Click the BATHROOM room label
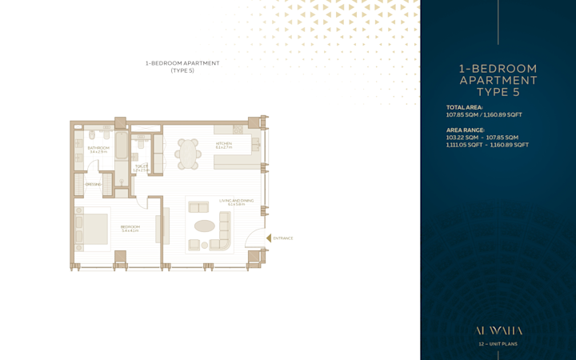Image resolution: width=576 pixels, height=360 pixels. coord(98,148)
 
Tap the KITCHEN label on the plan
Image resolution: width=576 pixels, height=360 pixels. coord(224,144)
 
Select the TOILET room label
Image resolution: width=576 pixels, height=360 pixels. coord(142,167)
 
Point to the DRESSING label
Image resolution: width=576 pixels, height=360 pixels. coord(93,184)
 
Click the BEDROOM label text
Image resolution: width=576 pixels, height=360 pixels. coord(130,227)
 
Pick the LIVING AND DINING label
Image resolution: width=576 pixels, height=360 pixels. coord(236,202)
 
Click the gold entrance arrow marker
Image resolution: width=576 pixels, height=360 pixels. coord(268,238)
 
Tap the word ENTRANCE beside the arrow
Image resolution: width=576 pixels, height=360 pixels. coord(283,238)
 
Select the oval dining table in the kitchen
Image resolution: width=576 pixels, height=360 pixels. coord(189,154)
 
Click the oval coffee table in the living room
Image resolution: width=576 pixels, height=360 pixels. coord(205,226)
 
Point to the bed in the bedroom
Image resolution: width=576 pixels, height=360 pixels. coord(92,229)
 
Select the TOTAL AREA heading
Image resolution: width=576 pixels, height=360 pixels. coord(464,107)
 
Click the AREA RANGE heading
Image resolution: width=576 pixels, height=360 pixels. coord(465,130)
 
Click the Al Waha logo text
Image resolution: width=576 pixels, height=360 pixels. coord(498,330)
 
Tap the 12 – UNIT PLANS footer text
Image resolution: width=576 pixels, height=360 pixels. coord(498,344)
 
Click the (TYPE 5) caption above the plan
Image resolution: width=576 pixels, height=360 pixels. coord(182,70)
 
